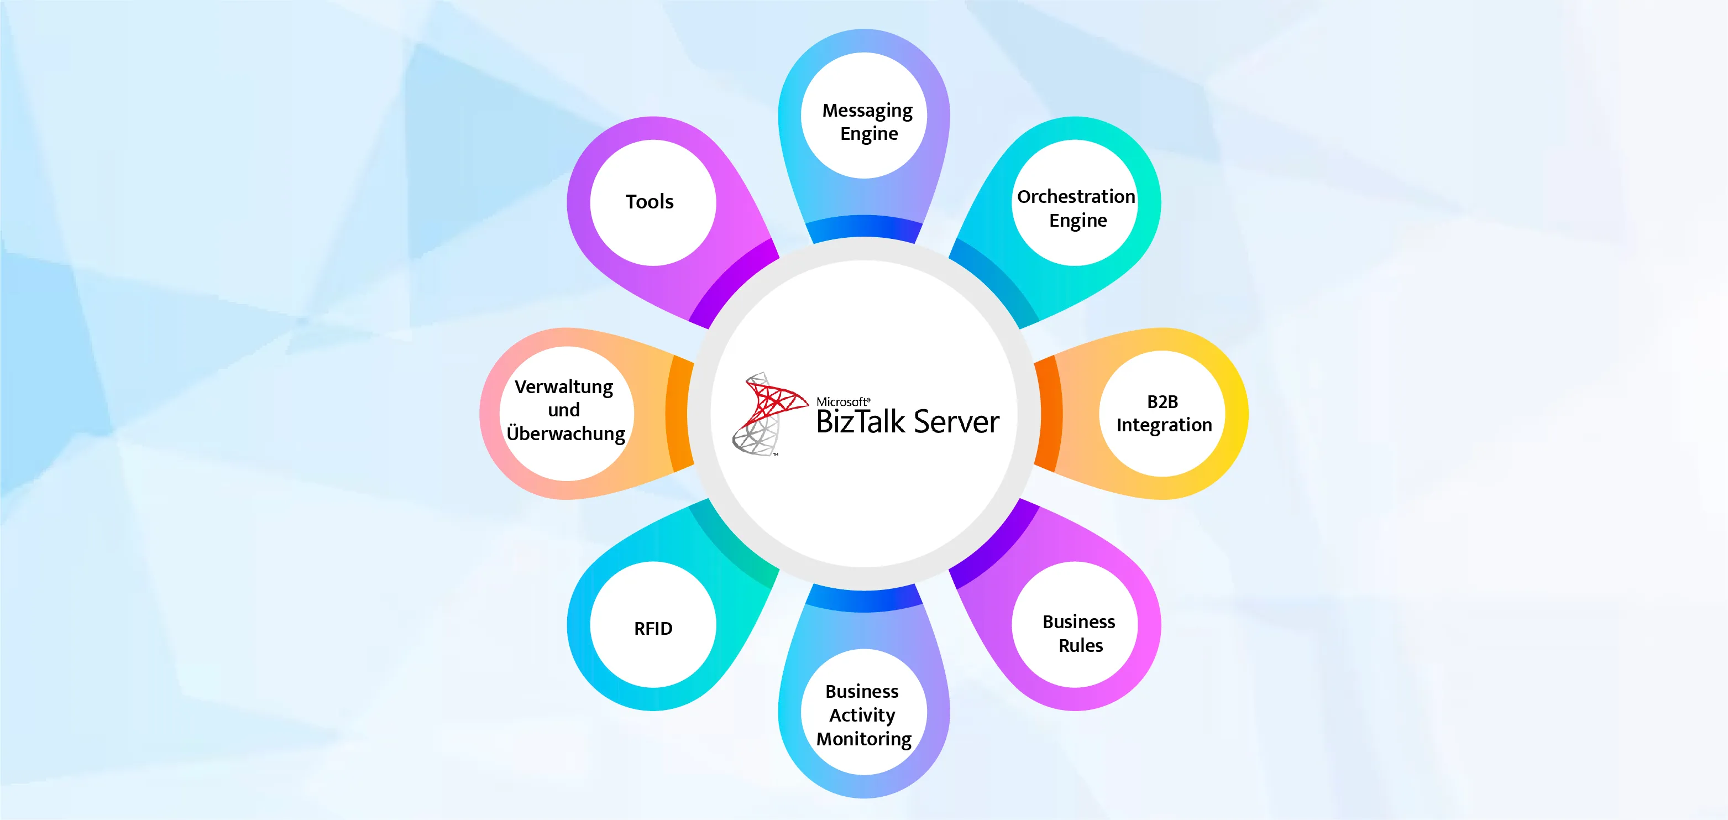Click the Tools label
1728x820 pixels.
coord(650,202)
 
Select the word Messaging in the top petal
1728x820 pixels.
coord(867,111)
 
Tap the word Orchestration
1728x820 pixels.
coord(1076,197)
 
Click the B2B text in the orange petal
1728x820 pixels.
coord(1163,401)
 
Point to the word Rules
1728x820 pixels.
coord(1081,645)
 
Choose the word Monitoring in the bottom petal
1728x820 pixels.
coord(864,739)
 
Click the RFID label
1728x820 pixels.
coord(653,629)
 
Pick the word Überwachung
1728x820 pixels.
coord(565,433)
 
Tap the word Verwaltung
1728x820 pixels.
coord(563,387)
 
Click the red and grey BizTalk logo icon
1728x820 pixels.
coord(768,414)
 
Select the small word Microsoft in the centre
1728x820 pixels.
coord(842,401)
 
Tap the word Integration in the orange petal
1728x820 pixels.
coord(1164,425)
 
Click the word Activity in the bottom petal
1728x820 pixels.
coord(862,715)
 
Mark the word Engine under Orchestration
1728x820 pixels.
coord(1078,221)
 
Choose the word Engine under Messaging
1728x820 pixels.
coord(868,134)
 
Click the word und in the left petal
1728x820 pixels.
coord(563,410)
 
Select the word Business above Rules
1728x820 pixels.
coord(1078,622)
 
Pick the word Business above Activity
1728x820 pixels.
coord(862,691)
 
